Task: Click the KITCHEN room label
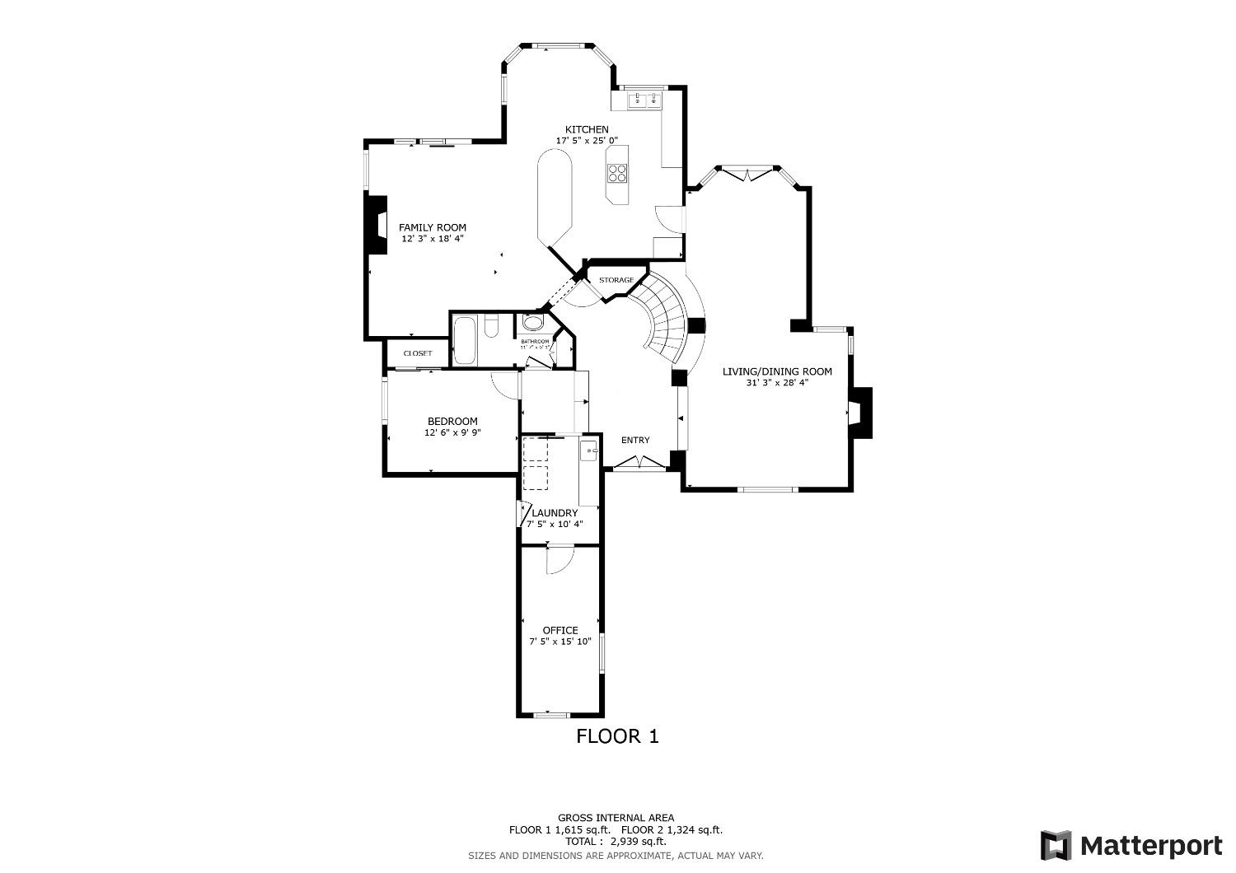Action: point(587,129)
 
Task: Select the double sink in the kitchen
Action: point(645,100)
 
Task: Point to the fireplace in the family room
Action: point(377,226)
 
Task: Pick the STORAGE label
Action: point(616,280)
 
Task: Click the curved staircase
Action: point(666,317)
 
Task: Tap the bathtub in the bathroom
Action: point(465,339)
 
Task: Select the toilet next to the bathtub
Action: point(490,329)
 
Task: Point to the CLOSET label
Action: point(418,353)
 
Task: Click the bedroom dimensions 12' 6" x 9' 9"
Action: point(452,432)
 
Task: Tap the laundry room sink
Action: point(589,451)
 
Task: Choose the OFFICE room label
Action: point(560,630)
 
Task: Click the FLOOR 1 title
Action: point(617,736)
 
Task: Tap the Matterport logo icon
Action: point(1056,846)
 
